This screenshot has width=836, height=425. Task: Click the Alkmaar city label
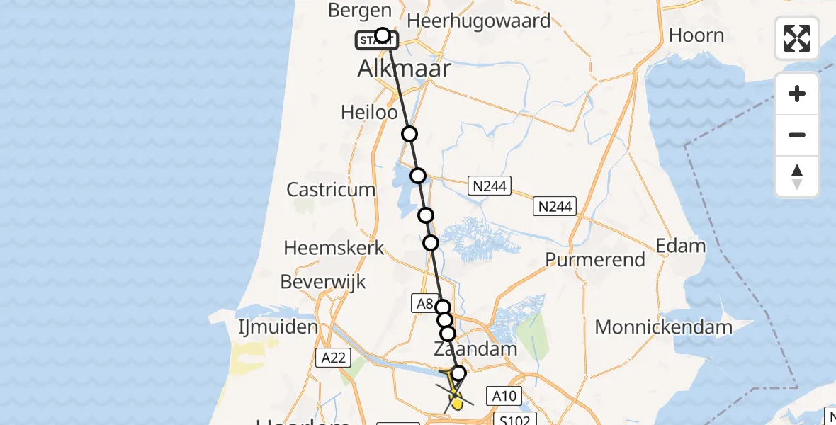coord(405,69)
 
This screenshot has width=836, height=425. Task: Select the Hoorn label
coord(696,35)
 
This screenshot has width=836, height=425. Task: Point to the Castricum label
coord(330,189)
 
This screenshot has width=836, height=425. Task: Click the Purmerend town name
coord(595,259)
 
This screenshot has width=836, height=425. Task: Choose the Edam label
coord(681,246)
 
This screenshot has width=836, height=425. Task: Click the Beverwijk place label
coord(323,282)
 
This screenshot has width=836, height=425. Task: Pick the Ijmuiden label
coord(277,327)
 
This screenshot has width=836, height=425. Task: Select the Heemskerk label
coord(334,248)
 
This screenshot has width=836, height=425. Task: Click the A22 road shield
coord(332,358)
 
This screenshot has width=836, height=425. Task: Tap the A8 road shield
coord(424,304)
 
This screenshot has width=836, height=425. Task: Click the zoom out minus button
coord(797,135)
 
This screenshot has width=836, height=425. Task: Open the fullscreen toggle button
coord(797,38)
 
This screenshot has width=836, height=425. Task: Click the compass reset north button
coord(797,176)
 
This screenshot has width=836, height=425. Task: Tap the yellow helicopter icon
coord(455,394)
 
